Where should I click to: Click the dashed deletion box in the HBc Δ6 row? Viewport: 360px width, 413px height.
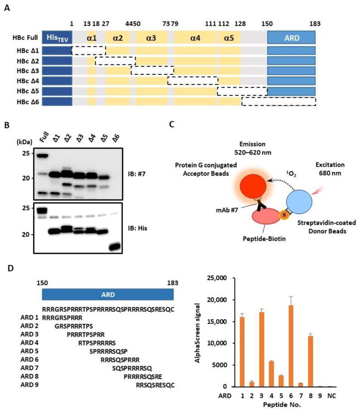(278, 101)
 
